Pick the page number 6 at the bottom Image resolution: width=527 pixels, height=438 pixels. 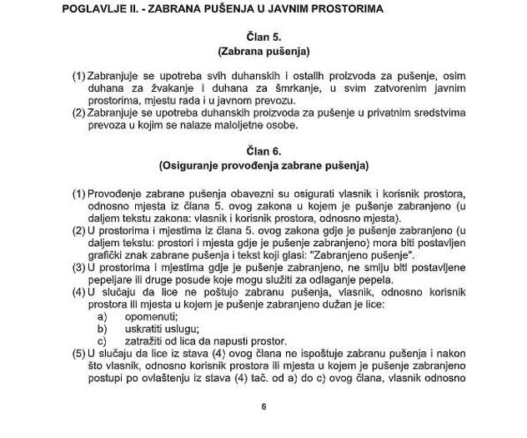pyautogui.click(x=263, y=407)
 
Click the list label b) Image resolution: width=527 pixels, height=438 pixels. pyautogui.click(x=103, y=329)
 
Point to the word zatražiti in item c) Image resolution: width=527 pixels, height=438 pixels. pyautogui.click(x=148, y=340)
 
